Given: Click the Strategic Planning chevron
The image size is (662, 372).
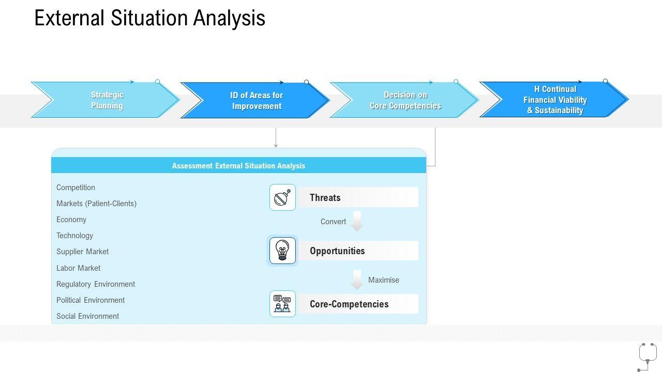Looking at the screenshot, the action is tap(107, 100).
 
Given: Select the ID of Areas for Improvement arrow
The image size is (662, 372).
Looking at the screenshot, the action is tap(256, 101).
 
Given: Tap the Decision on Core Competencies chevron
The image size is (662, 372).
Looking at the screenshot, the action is tap(405, 100).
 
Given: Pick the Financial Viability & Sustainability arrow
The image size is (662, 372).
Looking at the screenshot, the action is tap(555, 100).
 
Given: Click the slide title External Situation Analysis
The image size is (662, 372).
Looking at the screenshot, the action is tap(149, 18).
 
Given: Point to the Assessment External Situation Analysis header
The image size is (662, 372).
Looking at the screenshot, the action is tap(238, 166).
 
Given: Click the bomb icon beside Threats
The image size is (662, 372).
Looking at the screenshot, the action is tap(282, 197).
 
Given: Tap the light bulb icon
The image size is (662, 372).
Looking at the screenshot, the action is tap(282, 251).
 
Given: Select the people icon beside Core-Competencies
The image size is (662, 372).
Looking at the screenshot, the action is tap(282, 304).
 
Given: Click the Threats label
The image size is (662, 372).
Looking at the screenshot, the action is tap(325, 197).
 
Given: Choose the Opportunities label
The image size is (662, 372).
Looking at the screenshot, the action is tap(337, 251).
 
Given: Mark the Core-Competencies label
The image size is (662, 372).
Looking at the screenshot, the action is tap(349, 304).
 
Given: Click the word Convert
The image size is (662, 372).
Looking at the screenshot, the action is tap(333, 222).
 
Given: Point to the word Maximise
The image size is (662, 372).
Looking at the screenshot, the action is tap(384, 280).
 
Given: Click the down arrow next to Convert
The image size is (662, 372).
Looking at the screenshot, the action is tap(357, 221).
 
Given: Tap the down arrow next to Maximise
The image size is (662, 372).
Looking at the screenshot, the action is tap(357, 280).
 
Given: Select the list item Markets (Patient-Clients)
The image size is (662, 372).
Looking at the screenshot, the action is tap(96, 204).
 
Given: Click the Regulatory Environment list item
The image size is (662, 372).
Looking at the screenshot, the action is tap(96, 284).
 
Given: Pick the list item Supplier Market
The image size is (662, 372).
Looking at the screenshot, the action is tap(83, 252).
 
